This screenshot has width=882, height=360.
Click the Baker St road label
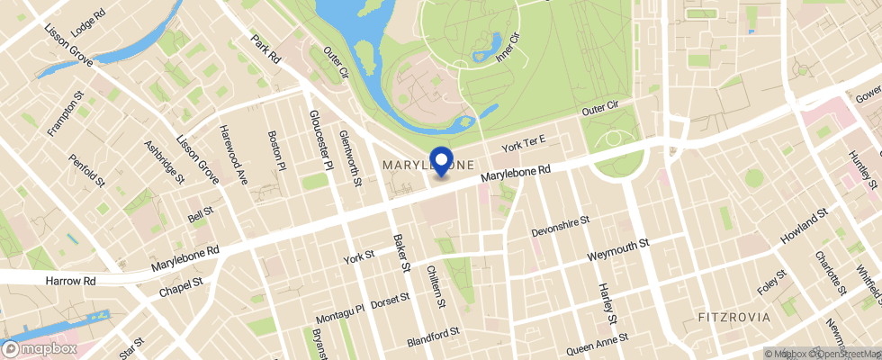[402, 254]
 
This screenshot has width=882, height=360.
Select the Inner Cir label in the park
[508, 47]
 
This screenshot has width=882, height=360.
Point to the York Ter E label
[525, 142]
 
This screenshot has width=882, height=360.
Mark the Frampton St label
[66, 112]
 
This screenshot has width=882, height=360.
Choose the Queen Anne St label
[591, 344]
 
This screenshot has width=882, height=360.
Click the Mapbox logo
[39, 347]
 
